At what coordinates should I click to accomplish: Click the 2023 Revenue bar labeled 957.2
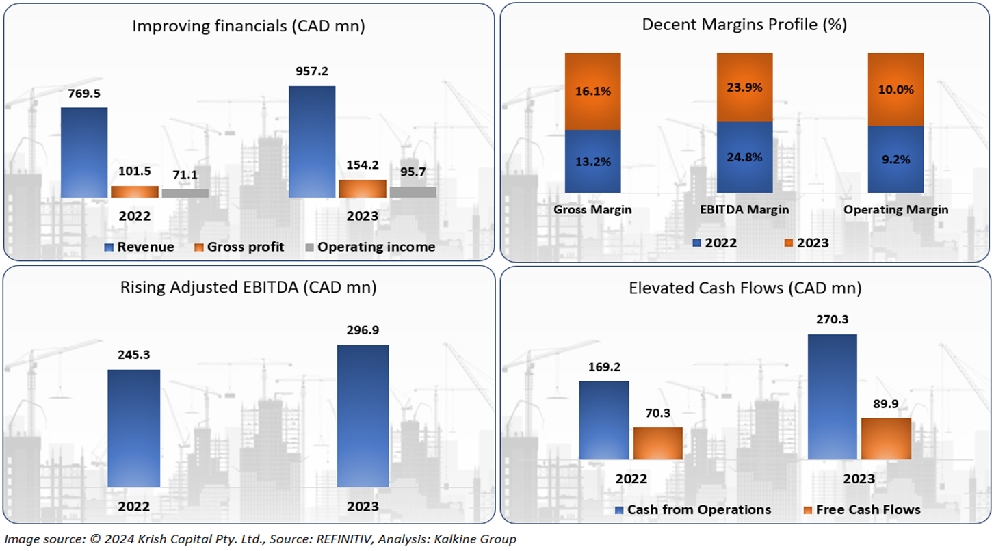pos(312,142)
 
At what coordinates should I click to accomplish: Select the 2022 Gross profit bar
pos(134,191)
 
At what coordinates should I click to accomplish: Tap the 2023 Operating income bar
pos(413,192)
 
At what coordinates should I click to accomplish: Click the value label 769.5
pos(84,94)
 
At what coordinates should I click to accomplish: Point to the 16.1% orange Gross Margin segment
pos(593,91)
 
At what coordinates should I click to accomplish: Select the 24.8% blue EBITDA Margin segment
pos(744,157)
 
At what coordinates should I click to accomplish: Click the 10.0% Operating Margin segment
pos(895,90)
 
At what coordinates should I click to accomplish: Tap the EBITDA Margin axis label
pos(744,210)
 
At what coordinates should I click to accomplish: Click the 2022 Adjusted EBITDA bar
pos(134,428)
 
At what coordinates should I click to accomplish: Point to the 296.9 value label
pos(363,330)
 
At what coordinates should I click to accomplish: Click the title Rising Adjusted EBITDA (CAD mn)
pos(248,288)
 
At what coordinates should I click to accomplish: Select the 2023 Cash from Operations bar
pos(833,397)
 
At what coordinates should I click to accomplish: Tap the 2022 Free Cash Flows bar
pos(657,443)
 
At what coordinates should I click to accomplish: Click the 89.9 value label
pos(886,404)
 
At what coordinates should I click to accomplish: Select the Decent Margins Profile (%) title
pos(744,25)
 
